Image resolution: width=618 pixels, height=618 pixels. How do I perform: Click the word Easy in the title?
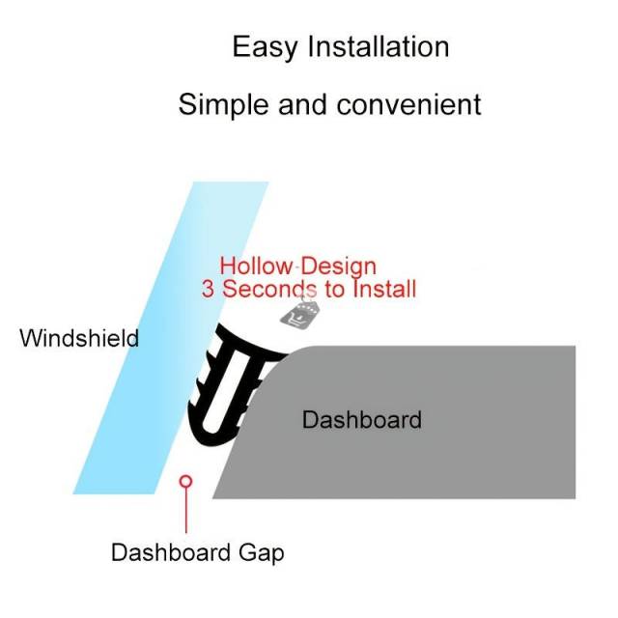(266, 46)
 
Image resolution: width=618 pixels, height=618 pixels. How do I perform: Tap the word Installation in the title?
(379, 46)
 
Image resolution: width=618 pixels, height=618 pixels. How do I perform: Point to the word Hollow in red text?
(255, 266)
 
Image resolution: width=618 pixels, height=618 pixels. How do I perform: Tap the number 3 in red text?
(208, 288)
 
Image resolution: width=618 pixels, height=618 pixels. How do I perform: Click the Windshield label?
(79, 339)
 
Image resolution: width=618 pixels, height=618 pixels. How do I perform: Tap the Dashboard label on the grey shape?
(362, 420)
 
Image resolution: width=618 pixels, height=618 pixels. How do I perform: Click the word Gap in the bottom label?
(263, 552)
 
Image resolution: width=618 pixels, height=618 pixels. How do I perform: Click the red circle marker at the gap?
(186, 481)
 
